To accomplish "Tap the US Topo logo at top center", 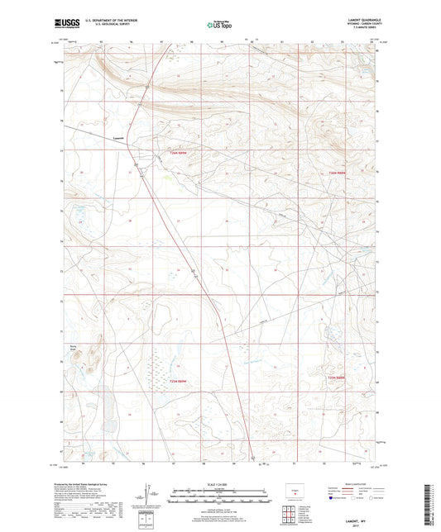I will click(x=217, y=26).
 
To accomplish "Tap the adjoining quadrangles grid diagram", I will click(x=289, y=513).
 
